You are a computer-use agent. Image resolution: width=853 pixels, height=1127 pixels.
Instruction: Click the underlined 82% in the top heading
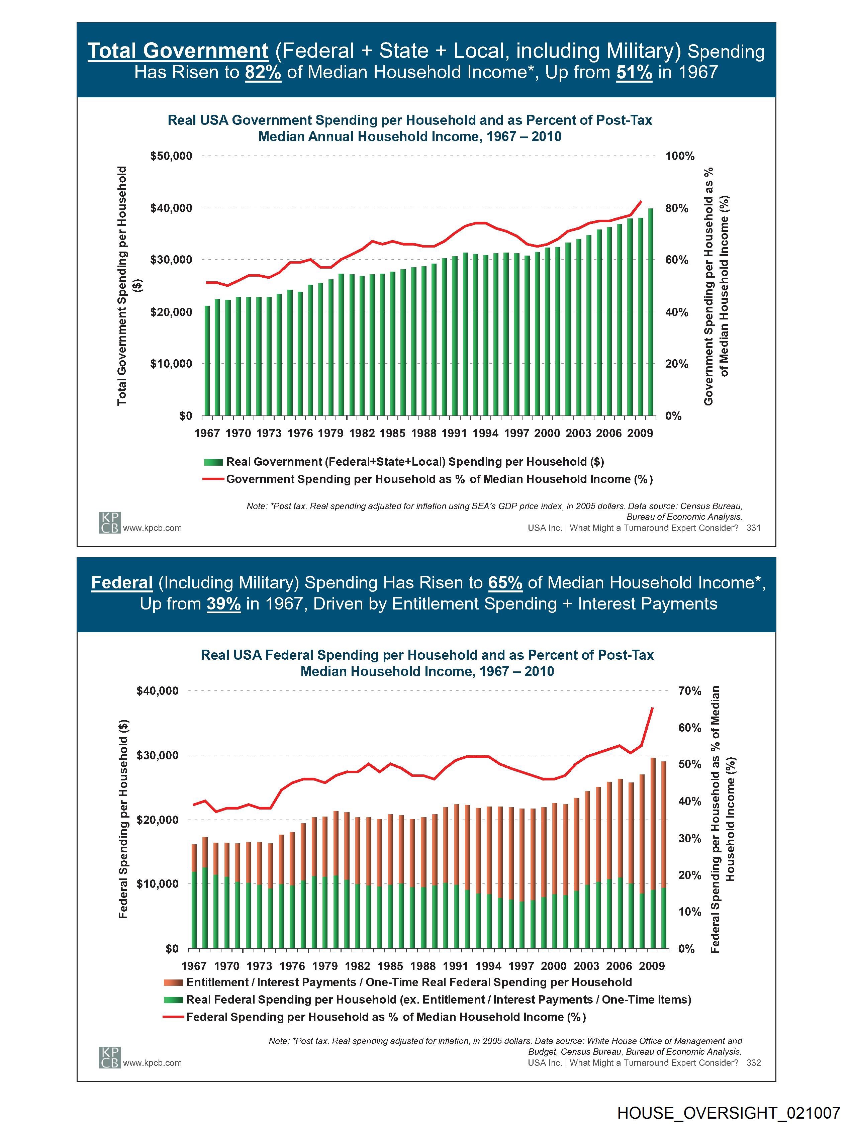click(x=263, y=72)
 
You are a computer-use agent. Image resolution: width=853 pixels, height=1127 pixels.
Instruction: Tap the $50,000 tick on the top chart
click(x=171, y=156)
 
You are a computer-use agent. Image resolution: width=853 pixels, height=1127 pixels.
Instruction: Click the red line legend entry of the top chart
click(x=439, y=479)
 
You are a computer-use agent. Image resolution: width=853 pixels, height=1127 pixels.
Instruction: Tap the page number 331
click(x=753, y=528)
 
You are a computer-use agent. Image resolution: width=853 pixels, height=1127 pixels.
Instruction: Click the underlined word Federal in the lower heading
click(x=122, y=582)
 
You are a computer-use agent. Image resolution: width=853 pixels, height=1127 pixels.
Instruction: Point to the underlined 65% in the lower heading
click(x=505, y=582)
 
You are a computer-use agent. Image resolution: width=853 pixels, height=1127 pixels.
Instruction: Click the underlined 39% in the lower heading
click(x=224, y=604)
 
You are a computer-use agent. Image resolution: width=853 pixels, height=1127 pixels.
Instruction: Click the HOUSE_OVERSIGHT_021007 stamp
click(x=728, y=1113)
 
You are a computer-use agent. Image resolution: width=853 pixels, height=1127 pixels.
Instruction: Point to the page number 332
click(x=753, y=1063)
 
